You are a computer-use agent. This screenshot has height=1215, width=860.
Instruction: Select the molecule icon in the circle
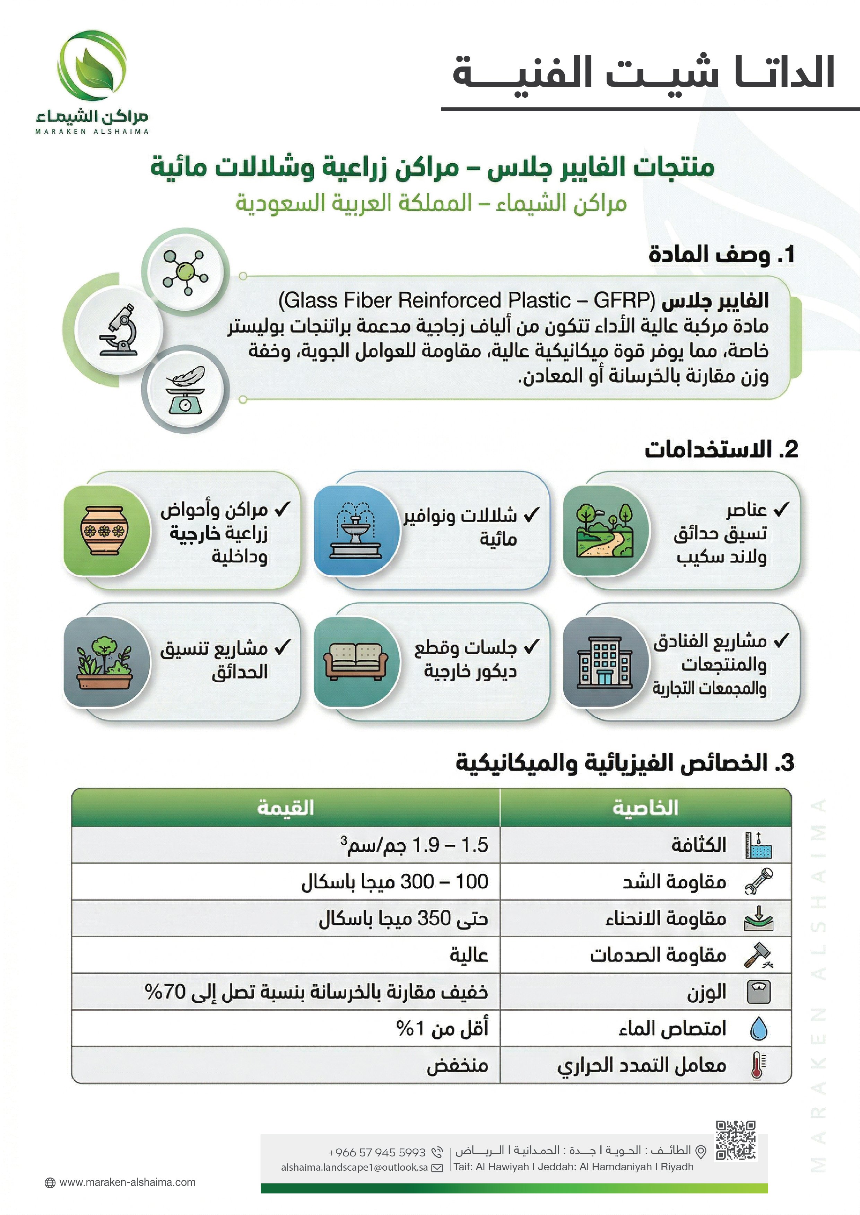[x=185, y=272]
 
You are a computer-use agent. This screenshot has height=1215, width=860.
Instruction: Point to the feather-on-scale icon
[x=185, y=390]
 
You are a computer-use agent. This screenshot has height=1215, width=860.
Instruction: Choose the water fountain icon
[x=355, y=530]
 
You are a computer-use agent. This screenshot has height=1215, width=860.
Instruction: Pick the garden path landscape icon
[x=605, y=530]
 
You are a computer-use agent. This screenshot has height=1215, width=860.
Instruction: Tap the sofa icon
[x=355, y=662]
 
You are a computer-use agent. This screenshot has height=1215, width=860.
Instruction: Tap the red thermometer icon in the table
[x=758, y=1065]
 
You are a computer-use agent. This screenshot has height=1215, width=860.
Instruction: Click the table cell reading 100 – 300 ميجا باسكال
[x=394, y=881]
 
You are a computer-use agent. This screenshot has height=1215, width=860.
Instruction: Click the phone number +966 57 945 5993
[x=377, y=1152]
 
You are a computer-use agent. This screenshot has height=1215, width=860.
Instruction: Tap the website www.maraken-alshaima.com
[x=127, y=1182]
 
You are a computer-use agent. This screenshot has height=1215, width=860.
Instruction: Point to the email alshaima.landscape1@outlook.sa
[x=354, y=1167]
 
